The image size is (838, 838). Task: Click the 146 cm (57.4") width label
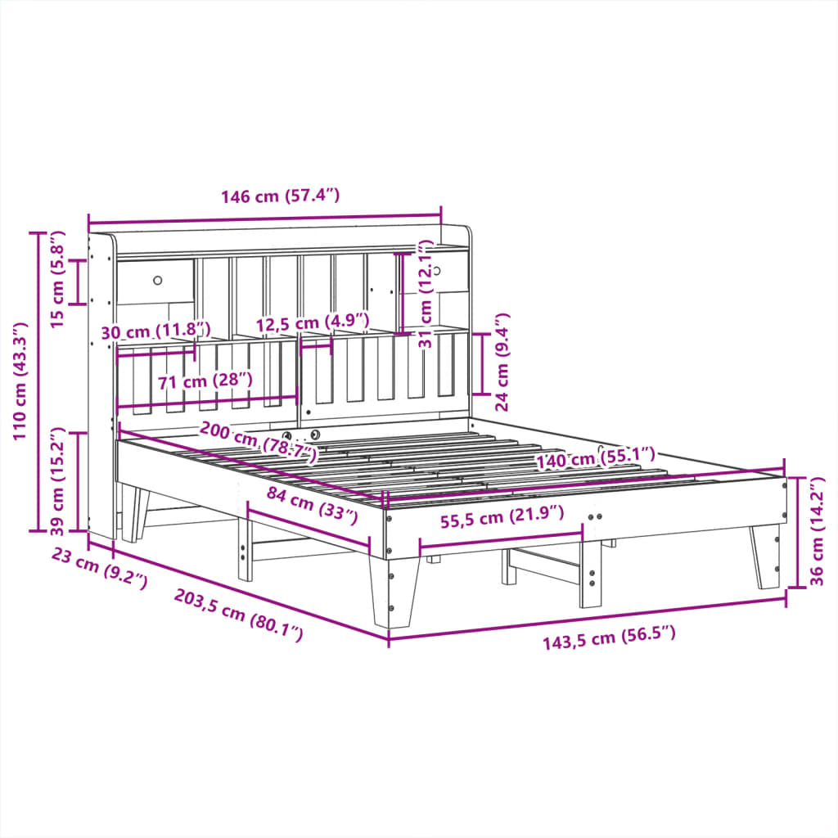pyautogui.click(x=280, y=196)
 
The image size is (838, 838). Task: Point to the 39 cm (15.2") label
pyautogui.click(x=58, y=478)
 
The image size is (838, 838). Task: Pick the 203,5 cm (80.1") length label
pyautogui.click(x=238, y=615)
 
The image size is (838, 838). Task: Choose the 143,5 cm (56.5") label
pyautogui.click(x=609, y=636)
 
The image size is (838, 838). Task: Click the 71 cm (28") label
pyautogui.click(x=205, y=381)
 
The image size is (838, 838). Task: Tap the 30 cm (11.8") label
pyautogui.click(x=155, y=331)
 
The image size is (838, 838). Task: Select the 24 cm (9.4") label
pyautogui.click(x=502, y=361)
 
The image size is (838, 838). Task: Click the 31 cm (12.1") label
pyautogui.click(x=425, y=295)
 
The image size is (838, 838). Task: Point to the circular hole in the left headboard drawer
pyautogui.click(x=157, y=281)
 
